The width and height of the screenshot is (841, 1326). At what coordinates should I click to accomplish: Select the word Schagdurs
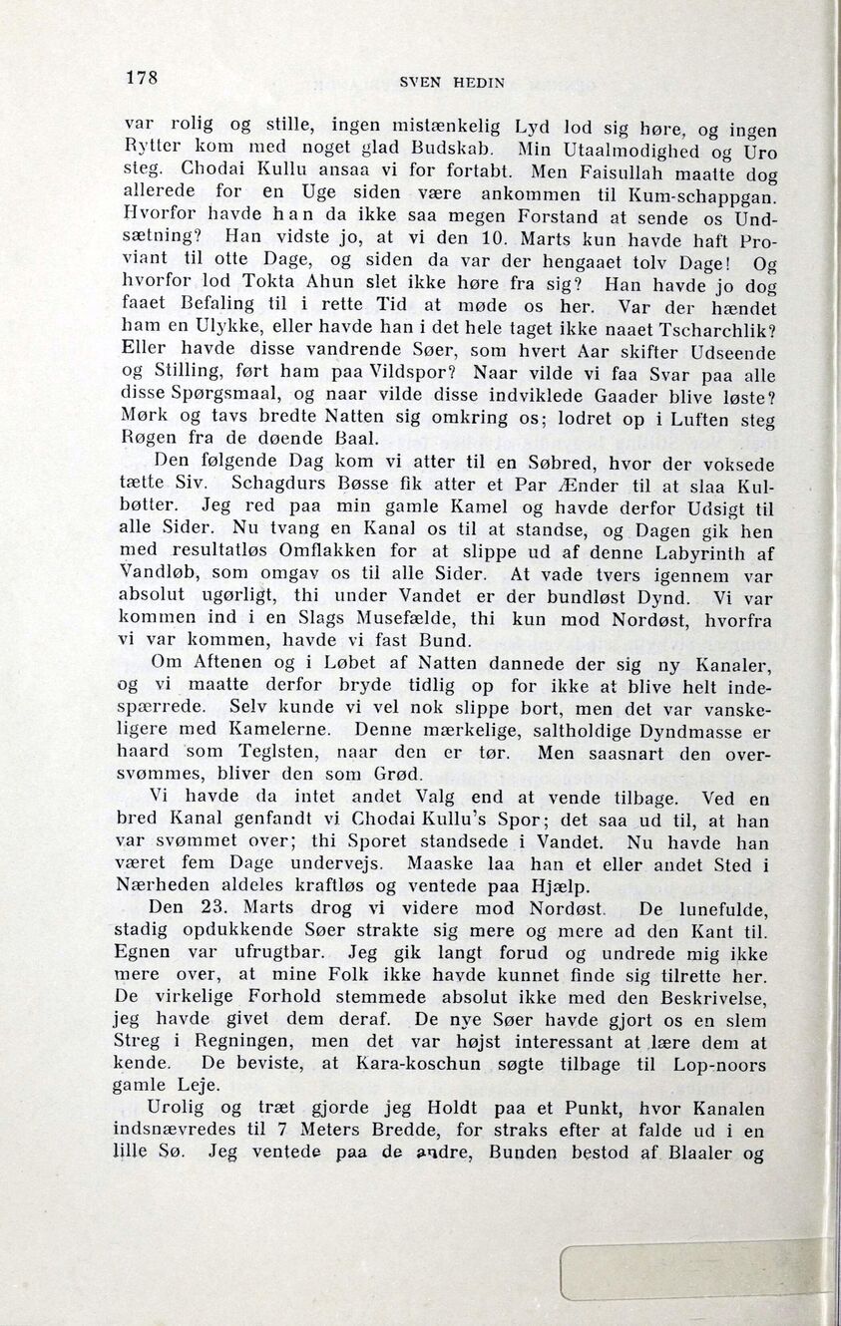[264, 484]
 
